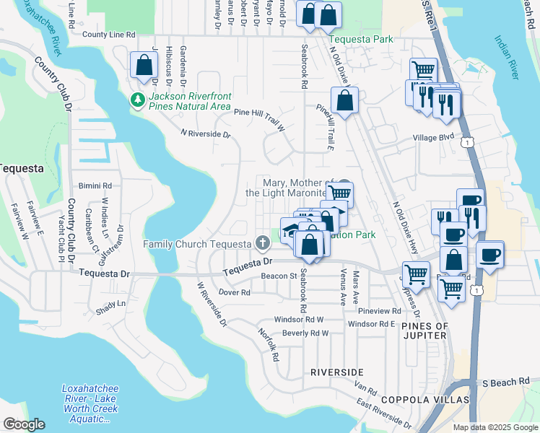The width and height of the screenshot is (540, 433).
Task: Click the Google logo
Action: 24,424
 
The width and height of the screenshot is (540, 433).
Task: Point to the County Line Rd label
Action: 108,35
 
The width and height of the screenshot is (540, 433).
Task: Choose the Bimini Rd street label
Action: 95,185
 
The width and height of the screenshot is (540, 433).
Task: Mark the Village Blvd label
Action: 433,137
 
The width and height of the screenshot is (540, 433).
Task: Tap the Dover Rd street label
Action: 234,293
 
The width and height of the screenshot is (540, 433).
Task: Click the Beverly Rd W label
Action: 305,333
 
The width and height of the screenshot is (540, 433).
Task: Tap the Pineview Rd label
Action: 379,310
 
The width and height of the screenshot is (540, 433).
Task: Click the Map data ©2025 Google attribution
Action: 495,427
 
